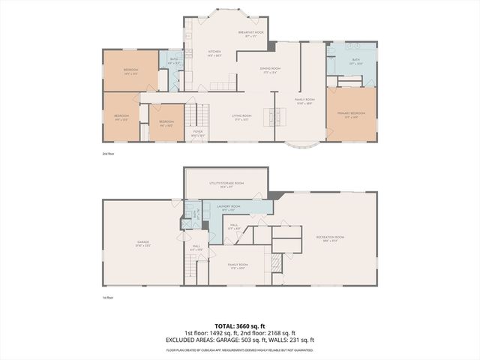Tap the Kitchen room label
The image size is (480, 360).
pos(214,53)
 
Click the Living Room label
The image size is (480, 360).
pos(241,117)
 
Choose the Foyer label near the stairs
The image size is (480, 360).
pos(198,133)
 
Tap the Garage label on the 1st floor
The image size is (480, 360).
pos(142,244)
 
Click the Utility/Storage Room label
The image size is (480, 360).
pos(226,184)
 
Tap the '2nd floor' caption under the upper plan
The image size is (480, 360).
pos(109,153)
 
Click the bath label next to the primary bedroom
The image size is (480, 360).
pos(355,61)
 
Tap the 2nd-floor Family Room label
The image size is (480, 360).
pos(305,100)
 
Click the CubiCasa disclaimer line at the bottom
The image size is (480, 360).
pos(240,349)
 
